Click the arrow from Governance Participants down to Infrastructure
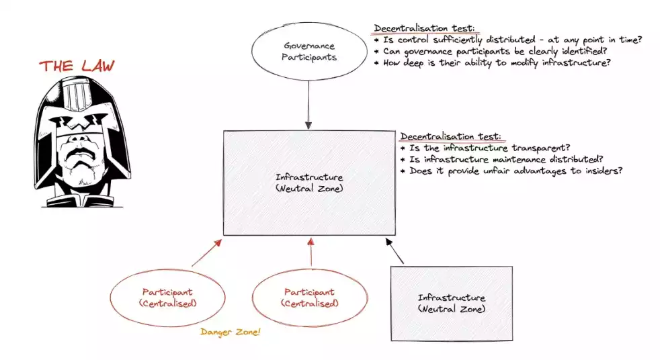(x=308, y=104)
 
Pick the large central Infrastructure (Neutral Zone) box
(x=308, y=183)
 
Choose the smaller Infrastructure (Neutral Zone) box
(x=451, y=303)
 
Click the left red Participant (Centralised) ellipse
(x=167, y=298)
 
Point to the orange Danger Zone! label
(x=231, y=332)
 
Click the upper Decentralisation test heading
(x=424, y=28)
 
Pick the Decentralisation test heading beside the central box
(x=450, y=136)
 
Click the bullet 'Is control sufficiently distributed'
(x=507, y=40)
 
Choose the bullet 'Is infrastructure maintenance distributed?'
(x=501, y=159)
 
